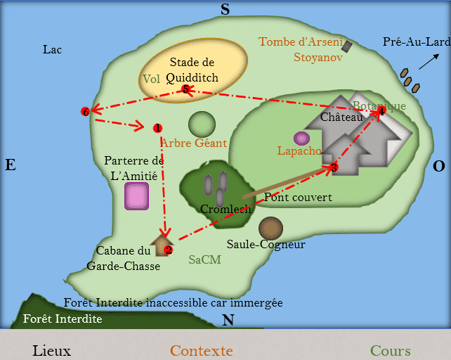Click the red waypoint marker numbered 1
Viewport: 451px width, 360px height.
[157, 128]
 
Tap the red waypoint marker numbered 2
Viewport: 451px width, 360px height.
[169, 250]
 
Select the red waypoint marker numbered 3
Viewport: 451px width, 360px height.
[334, 167]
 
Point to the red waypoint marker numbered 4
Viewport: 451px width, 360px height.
[381, 111]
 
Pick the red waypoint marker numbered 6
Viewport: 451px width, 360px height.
[86, 112]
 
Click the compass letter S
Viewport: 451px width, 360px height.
[225, 9]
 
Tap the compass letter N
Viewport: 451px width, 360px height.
[228, 320]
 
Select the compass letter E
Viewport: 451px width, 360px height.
[11, 165]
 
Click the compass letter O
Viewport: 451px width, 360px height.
[439, 166]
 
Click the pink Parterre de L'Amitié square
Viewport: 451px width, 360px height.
[136, 196]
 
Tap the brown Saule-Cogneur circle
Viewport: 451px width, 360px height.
[270, 229]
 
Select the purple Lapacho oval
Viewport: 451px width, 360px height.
[301, 139]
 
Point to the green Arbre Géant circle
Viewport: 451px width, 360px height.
[202, 124]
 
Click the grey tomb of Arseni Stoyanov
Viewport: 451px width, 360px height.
[347, 46]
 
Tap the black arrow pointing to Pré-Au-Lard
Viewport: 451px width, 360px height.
[429, 61]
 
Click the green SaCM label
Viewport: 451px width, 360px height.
[205, 259]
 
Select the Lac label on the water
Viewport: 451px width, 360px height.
[53, 49]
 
